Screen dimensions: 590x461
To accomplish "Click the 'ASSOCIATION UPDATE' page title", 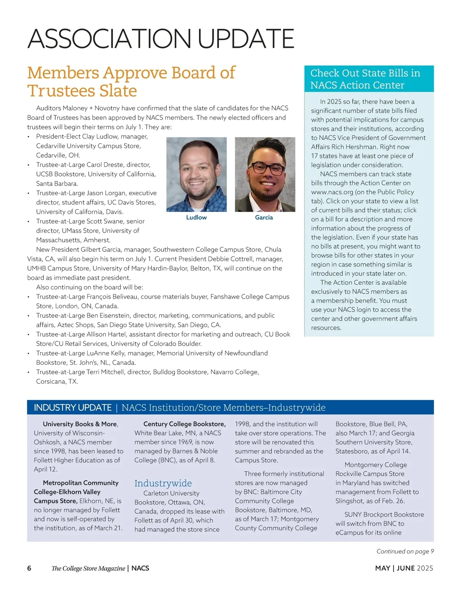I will (x=161, y=38).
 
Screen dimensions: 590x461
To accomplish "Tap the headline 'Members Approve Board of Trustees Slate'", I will (x=131, y=81).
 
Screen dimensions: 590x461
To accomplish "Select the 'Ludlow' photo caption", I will (x=196, y=218).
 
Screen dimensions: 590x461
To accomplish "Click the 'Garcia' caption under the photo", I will (x=264, y=218).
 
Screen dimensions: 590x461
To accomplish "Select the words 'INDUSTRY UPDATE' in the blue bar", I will (x=73, y=407).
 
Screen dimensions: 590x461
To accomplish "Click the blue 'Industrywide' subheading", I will (x=163, y=483).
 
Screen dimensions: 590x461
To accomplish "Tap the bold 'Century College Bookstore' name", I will (x=184, y=424).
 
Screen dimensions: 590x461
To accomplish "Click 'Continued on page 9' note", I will (x=405, y=551).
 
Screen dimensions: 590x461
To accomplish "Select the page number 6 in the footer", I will (x=29, y=568).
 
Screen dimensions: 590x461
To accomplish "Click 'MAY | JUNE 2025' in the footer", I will (x=404, y=568).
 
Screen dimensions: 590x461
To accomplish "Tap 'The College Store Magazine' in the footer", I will (x=88, y=568).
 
